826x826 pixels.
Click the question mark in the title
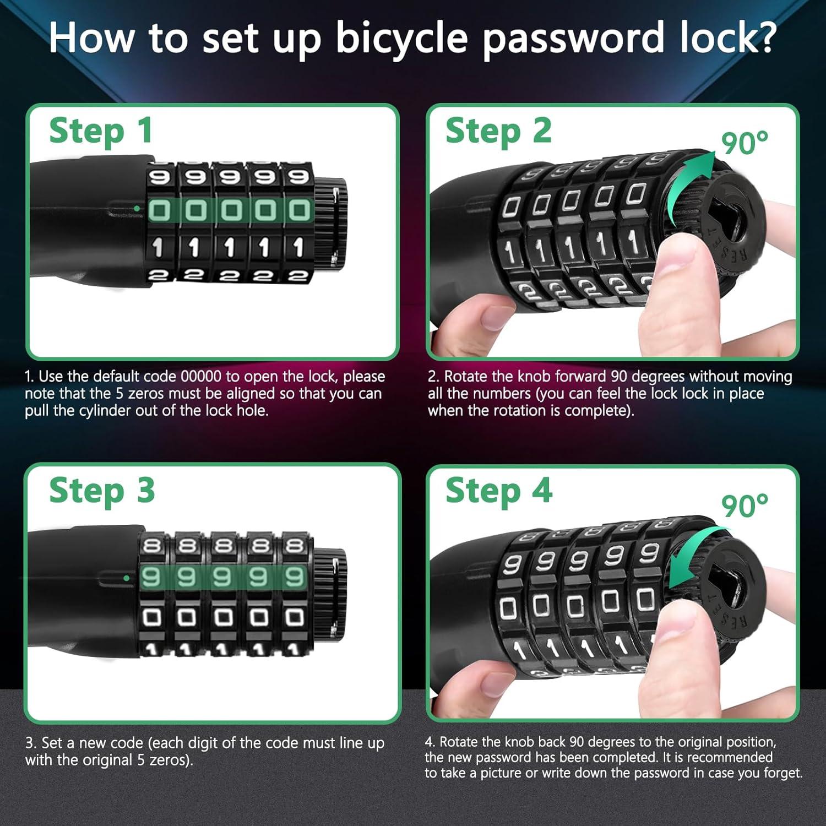click(763, 37)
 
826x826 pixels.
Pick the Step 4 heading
click(498, 491)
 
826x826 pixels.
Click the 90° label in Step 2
click(745, 143)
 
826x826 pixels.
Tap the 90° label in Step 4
click(745, 506)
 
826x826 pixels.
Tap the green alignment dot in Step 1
click(136, 209)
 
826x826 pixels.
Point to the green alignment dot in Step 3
click(127, 578)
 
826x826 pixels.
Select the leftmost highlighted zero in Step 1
click(159, 210)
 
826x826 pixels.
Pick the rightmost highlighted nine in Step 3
click(294, 577)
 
